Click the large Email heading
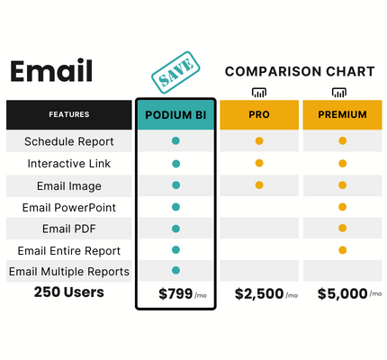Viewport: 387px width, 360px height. coord(51,71)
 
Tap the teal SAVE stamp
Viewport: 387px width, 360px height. coord(175,72)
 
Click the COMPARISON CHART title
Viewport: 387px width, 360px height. coord(300,71)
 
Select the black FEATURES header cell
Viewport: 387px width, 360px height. coord(69,114)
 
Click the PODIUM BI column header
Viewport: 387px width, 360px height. coord(175,115)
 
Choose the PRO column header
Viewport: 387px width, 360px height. coord(259,114)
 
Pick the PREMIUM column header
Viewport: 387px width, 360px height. coord(342,114)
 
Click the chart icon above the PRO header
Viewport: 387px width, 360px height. coord(259,93)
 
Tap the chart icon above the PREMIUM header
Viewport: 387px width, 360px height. coord(339,93)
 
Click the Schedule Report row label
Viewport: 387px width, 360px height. coord(69,141)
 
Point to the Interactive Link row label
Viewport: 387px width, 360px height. coord(69,164)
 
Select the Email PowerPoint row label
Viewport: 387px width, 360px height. coord(69,208)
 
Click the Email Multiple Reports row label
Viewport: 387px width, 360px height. coord(69,272)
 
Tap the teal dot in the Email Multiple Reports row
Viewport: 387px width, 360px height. coord(175,270)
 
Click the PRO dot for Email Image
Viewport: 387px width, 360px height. coord(259,185)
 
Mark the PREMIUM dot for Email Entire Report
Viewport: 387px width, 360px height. coord(343,250)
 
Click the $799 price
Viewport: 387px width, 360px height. coord(175,293)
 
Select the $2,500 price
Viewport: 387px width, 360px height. coord(259,293)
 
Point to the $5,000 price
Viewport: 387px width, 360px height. coord(343,293)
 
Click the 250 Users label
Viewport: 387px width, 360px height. coord(69,292)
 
